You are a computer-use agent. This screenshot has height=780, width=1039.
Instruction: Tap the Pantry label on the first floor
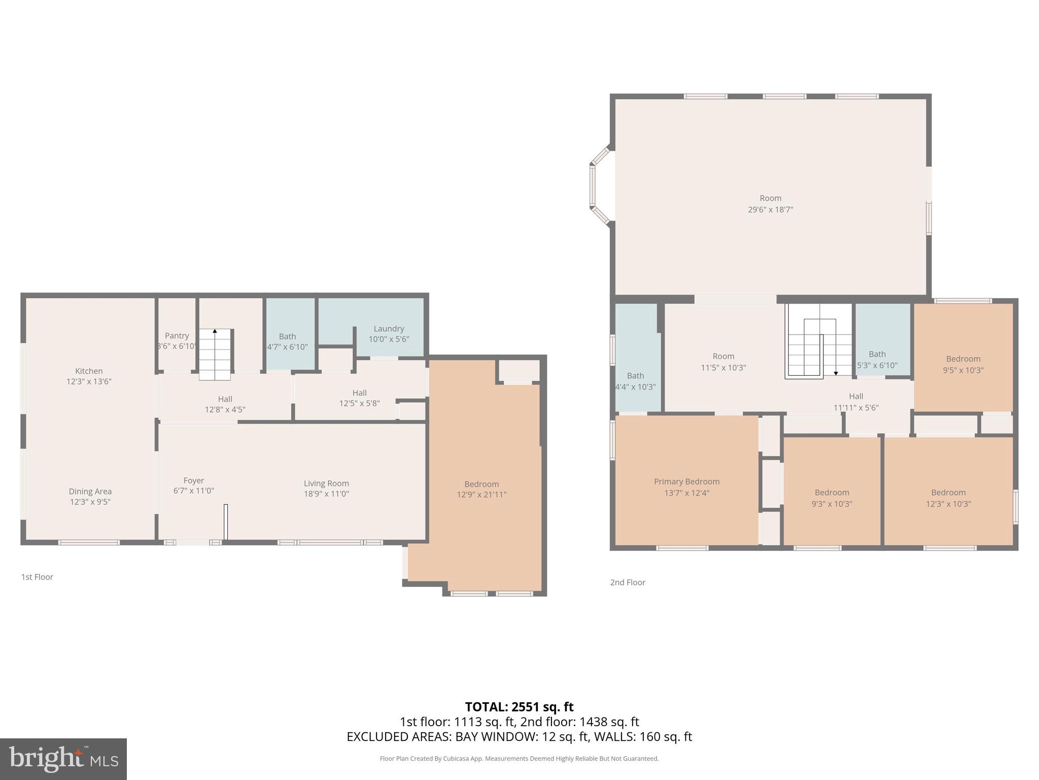coord(177,336)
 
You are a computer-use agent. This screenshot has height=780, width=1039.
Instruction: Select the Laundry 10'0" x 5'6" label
coord(389,334)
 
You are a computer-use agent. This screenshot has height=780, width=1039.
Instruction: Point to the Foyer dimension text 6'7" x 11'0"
coord(194,491)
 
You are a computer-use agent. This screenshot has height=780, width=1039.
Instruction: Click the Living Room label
coord(326,483)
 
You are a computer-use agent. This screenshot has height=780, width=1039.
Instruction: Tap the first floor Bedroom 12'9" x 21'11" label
coord(481,489)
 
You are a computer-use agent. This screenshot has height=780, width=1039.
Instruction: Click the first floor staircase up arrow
coord(215,332)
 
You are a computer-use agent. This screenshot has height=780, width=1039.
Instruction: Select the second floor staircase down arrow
coord(836,373)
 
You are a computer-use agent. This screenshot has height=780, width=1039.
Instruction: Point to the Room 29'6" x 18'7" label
coord(770,204)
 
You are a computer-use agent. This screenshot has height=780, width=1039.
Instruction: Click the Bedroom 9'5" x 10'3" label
coord(963,364)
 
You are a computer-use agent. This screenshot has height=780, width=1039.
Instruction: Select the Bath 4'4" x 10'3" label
coord(635,381)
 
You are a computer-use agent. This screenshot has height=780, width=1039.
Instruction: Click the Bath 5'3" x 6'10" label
coord(877,360)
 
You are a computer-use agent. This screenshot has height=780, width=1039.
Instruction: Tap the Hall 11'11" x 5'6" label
coord(856,402)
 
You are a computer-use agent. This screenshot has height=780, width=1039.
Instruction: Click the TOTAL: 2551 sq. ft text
coord(519,706)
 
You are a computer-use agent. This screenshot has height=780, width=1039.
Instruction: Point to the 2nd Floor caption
coord(628,582)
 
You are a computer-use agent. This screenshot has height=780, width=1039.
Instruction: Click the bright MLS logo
coord(63,759)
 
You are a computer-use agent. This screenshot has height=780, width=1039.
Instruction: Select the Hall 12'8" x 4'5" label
coord(225,404)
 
